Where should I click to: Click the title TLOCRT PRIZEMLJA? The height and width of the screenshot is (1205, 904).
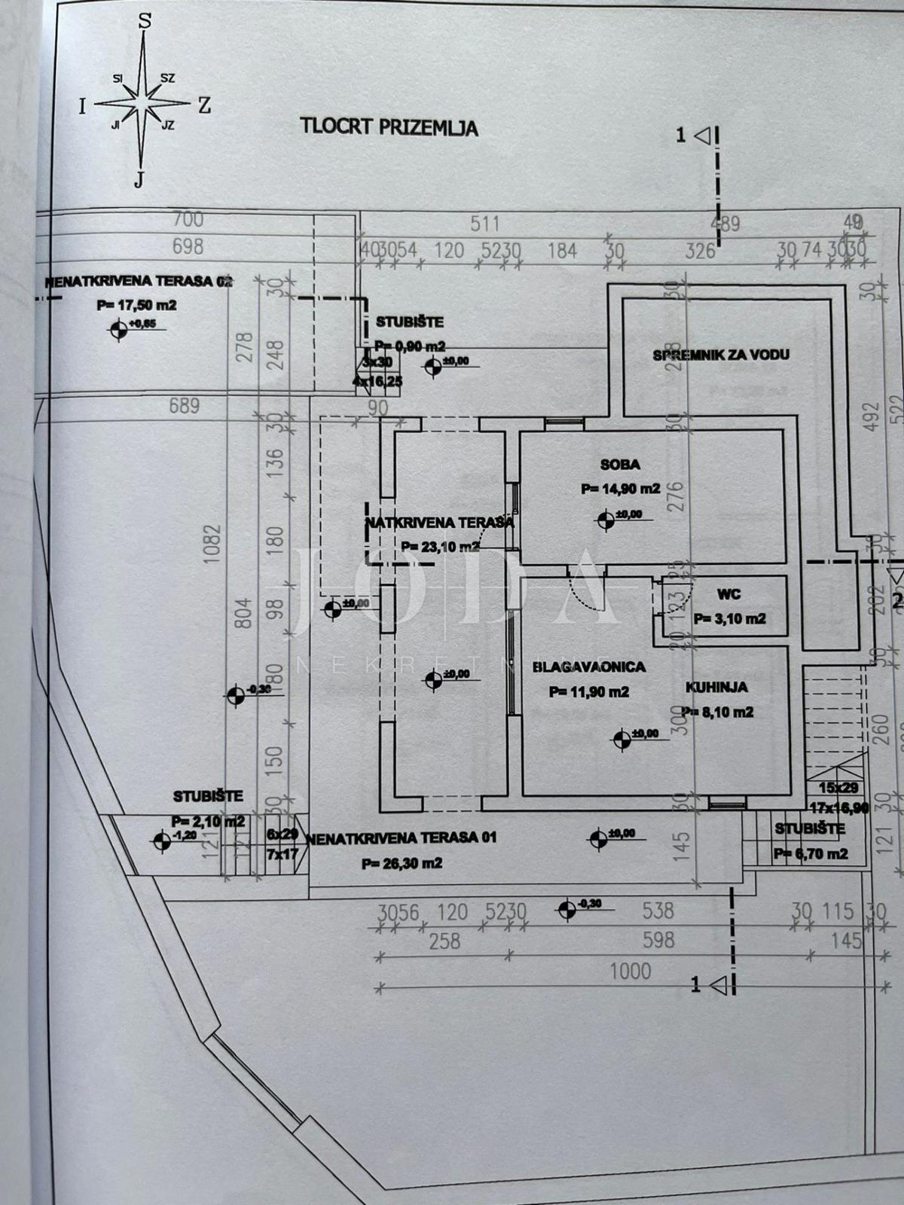(389, 126)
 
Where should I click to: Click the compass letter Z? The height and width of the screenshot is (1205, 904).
(204, 105)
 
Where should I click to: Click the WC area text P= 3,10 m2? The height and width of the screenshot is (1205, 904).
(729, 618)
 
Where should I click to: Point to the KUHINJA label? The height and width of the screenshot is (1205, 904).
(716, 687)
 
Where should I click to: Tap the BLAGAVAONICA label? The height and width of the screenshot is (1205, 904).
(588, 667)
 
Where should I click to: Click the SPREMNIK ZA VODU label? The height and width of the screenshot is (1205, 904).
(721, 354)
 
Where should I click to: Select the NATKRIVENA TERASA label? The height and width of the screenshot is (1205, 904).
(439, 522)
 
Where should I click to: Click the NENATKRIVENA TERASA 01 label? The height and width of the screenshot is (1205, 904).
(402, 837)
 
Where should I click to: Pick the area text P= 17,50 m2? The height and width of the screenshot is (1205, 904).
(136, 305)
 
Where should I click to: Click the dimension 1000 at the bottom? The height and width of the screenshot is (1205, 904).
(631, 970)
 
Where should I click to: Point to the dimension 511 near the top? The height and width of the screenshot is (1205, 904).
(485, 223)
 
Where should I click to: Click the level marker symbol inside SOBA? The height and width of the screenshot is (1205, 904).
(605, 519)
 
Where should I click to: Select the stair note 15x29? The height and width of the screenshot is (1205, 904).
(839, 788)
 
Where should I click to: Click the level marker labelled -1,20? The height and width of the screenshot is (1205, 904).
(161, 841)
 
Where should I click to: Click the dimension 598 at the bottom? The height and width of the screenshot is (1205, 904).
(658, 940)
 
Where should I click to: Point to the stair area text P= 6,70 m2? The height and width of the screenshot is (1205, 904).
(810, 853)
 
